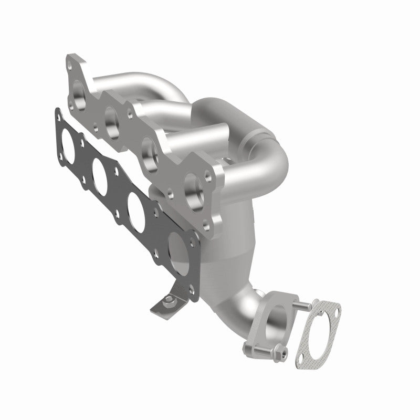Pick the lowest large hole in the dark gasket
point(177,243)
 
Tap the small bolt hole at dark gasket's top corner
point(56,112)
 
